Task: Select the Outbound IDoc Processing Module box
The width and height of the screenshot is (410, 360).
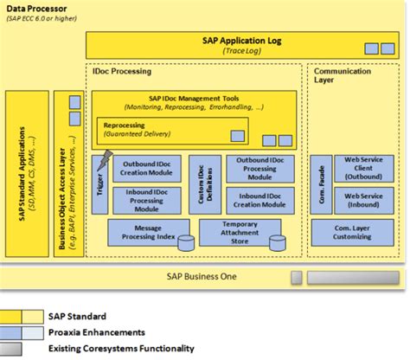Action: tap(258, 170)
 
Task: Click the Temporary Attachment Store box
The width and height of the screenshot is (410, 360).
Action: tap(240, 232)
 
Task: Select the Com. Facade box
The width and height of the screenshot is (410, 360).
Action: tap(321, 184)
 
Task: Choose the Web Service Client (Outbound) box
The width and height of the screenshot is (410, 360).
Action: tap(363, 169)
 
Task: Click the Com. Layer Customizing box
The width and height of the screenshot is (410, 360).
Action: tap(353, 232)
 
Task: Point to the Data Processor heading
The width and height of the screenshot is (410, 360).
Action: tap(36, 7)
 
